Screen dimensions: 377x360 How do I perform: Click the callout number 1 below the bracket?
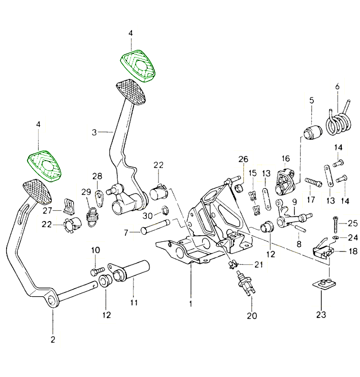(x=190, y=304)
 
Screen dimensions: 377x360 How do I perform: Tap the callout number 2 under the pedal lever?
(x=53, y=338)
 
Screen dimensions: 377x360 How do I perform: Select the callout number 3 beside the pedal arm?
(x=94, y=133)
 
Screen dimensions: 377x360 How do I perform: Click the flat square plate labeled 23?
(x=322, y=285)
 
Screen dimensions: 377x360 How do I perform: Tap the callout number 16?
(x=285, y=159)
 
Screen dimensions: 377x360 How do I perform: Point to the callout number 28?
(x=97, y=176)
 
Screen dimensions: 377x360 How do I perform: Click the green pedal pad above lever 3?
(x=137, y=65)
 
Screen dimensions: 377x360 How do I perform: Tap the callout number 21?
(x=259, y=264)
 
